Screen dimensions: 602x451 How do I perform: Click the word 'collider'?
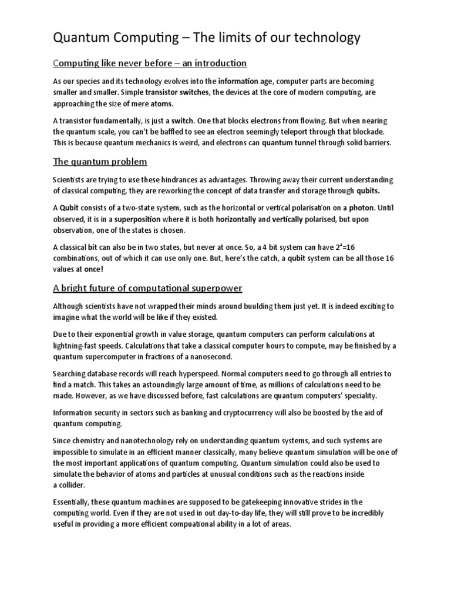(73, 485)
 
